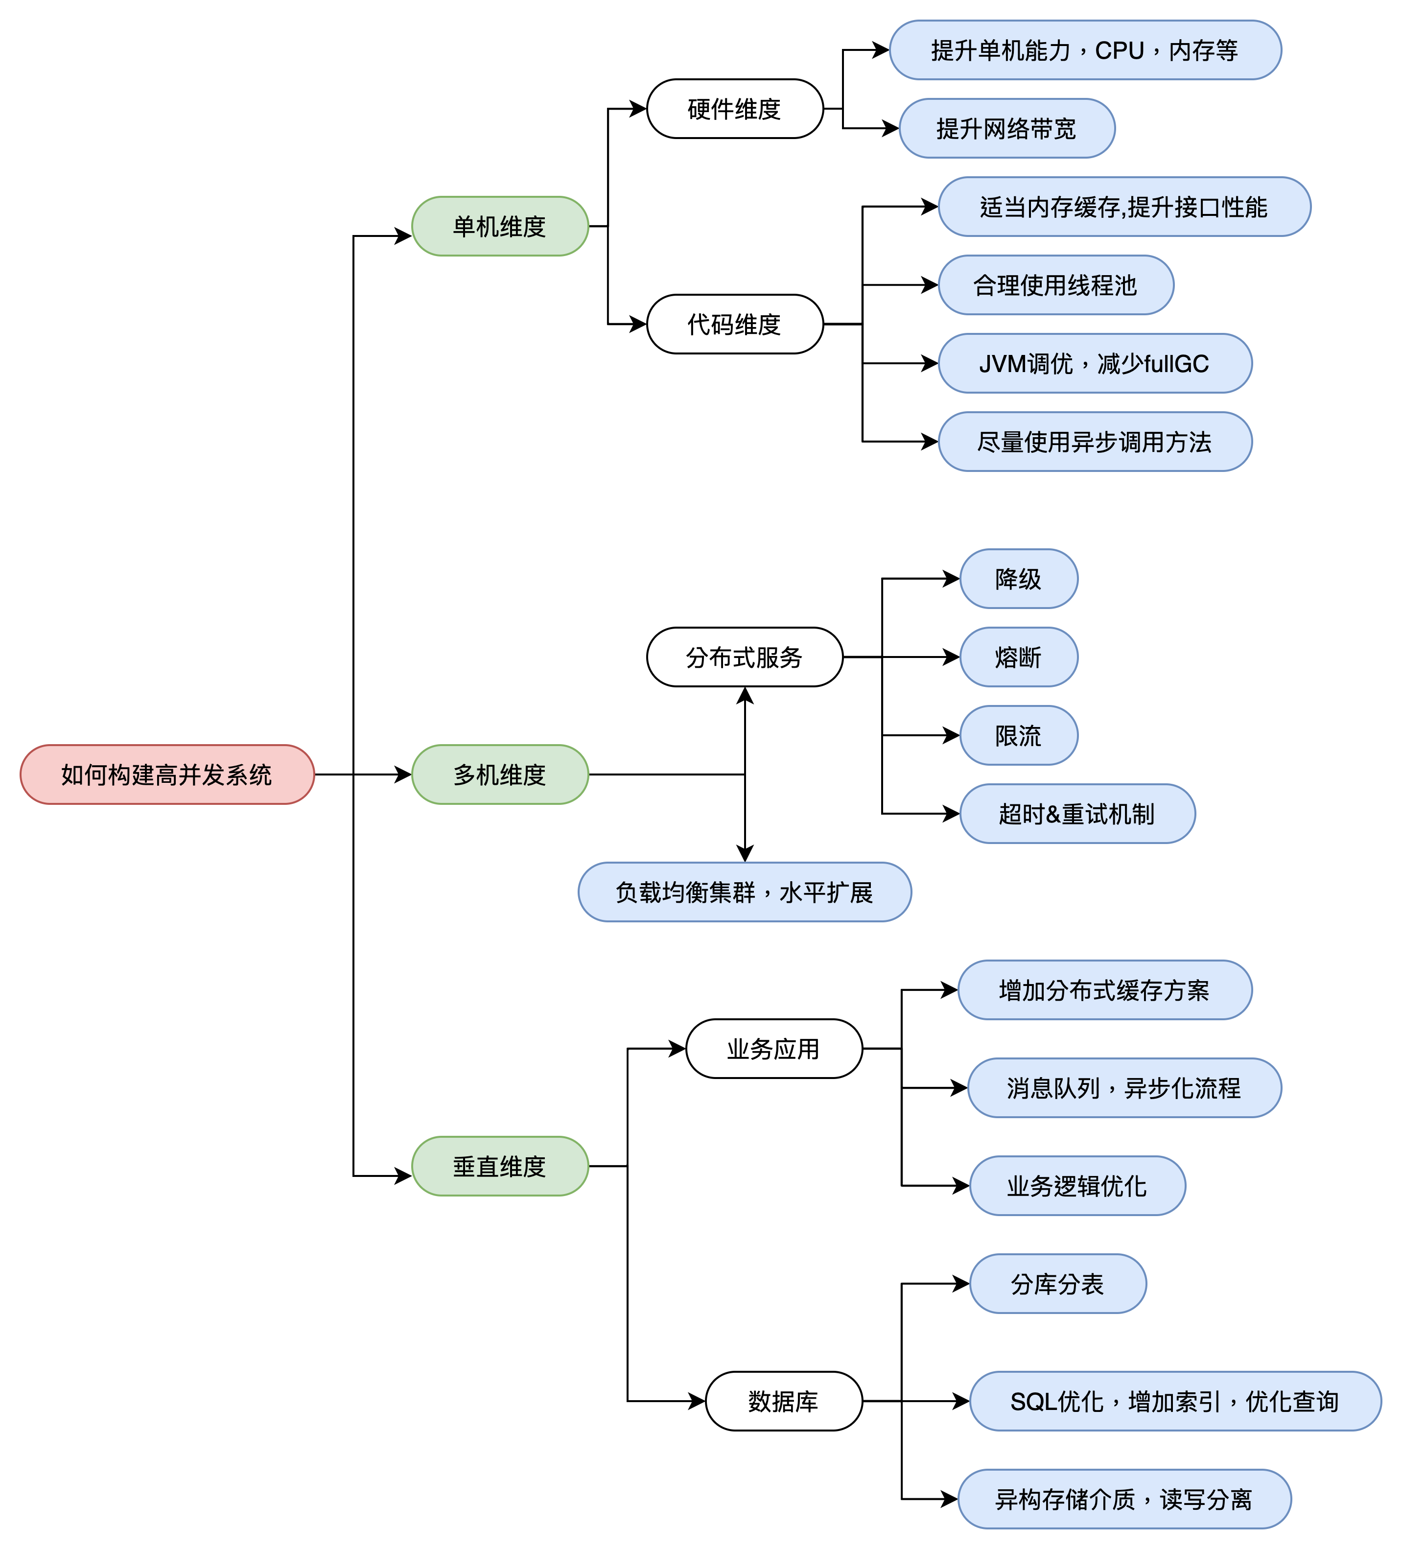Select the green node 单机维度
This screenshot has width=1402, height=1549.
500,226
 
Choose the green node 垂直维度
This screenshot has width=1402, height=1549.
500,1166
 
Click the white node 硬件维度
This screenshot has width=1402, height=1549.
735,108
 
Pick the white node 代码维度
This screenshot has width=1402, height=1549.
735,324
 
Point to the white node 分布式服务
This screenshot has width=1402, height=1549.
745,657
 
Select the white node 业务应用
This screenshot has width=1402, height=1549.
774,1048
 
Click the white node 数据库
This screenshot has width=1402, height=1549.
784,1401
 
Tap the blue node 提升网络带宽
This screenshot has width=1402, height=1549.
1006,128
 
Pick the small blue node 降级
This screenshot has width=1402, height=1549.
1019,579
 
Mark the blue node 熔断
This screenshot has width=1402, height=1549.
1019,657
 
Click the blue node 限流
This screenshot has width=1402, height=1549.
1019,735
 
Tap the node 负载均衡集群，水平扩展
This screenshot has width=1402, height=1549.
745,892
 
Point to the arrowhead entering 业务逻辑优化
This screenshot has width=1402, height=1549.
961,1186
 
